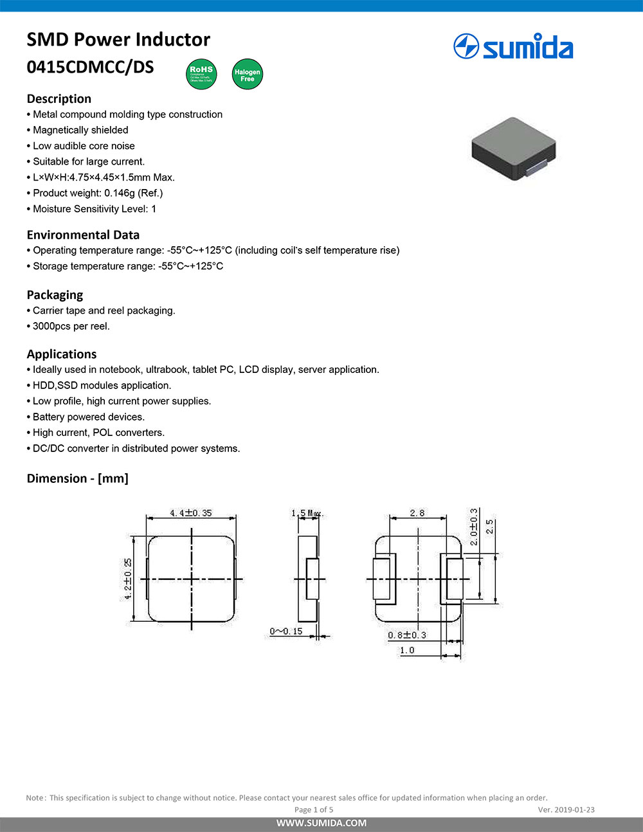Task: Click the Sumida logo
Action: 513,47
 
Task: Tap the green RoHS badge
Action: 201,74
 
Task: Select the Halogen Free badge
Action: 247,75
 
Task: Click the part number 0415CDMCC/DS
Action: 90,67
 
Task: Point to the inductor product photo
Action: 513,149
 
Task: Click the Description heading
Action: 59,98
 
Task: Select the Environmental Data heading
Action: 83,235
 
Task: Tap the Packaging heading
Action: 55,294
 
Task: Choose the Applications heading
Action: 62,354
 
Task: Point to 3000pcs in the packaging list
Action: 51,326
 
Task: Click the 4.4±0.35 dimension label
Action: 190,512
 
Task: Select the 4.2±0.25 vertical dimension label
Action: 127,579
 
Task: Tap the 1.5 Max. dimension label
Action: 307,513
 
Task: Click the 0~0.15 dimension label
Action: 286,631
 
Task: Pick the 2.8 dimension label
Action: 417,512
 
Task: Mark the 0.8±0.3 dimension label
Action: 406,635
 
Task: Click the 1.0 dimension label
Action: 407,650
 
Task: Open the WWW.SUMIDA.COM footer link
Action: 321,823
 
